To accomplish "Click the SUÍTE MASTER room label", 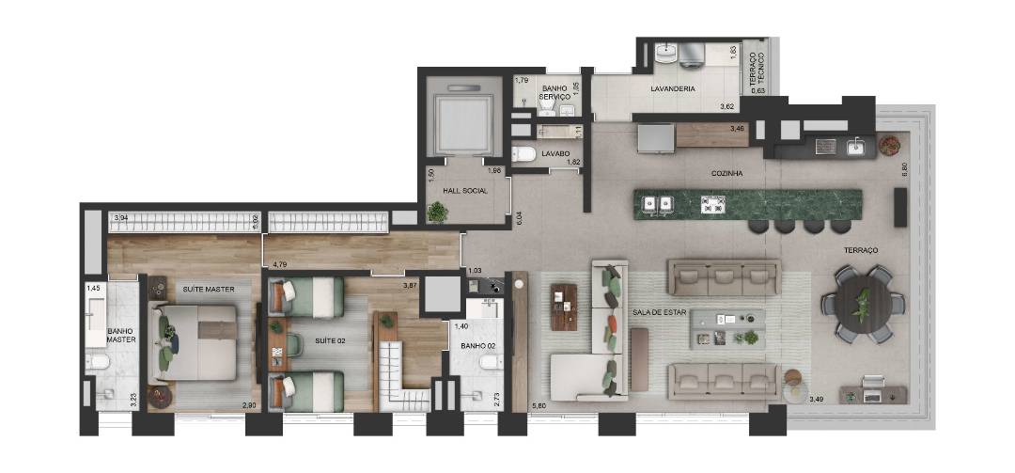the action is pyautogui.click(x=208, y=289).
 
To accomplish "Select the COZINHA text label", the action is pyautogui.click(x=726, y=174).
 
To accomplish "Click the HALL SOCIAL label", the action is pyautogui.click(x=465, y=191).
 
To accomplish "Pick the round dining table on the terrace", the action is pyautogui.click(x=863, y=304).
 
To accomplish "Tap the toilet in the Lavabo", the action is pyautogui.click(x=523, y=154).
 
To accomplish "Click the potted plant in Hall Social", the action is pyautogui.click(x=438, y=212).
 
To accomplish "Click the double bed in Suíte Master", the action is pyautogui.click(x=193, y=342).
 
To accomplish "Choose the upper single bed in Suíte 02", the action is pyautogui.click(x=306, y=297).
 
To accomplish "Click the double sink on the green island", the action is pyautogui.click(x=657, y=205).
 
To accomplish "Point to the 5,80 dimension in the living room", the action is pyautogui.click(x=539, y=406).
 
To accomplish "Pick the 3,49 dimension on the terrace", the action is pyautogui.click(x=817, y=400).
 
